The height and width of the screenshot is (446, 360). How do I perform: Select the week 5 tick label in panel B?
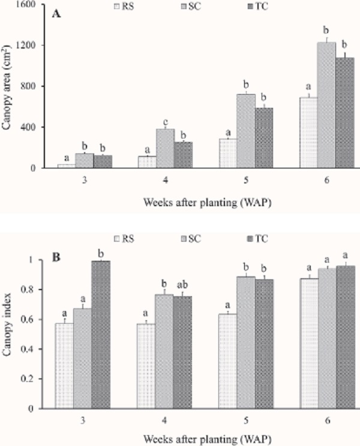click(x=245, y=421)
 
